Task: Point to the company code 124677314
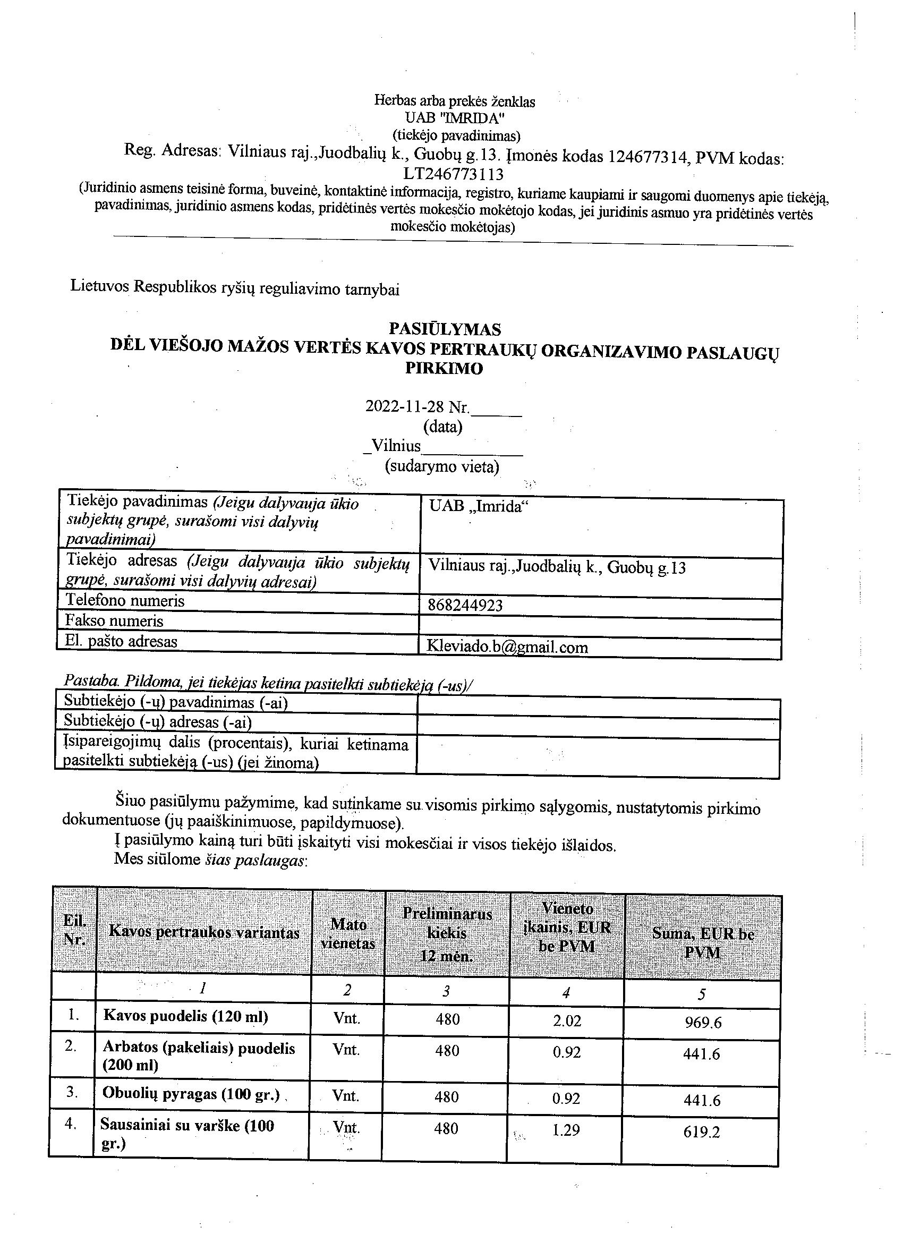[644, 158]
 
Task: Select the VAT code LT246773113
[454, 174]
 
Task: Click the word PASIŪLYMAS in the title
[445, 329]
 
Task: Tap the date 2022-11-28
[405, 406]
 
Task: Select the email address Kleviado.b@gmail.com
[507, 647]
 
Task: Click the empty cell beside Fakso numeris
[600, 625]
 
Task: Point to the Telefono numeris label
[125, 601]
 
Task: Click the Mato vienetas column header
[348, 934]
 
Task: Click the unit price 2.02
[567, 1020]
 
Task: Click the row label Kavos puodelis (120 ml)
[185, 1016]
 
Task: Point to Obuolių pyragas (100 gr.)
[191, 1094]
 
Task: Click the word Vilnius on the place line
[396, 446]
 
